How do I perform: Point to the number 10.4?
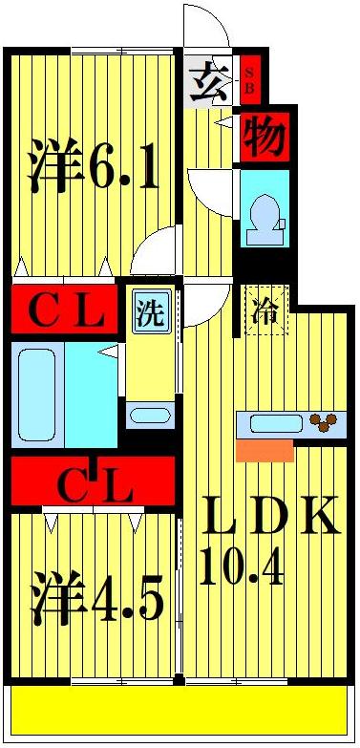point(243,569)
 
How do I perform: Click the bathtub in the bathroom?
point(38,394)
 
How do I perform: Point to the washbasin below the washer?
point(150,415)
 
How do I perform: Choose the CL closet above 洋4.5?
point(93,485)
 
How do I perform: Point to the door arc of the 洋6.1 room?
point(153,250)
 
